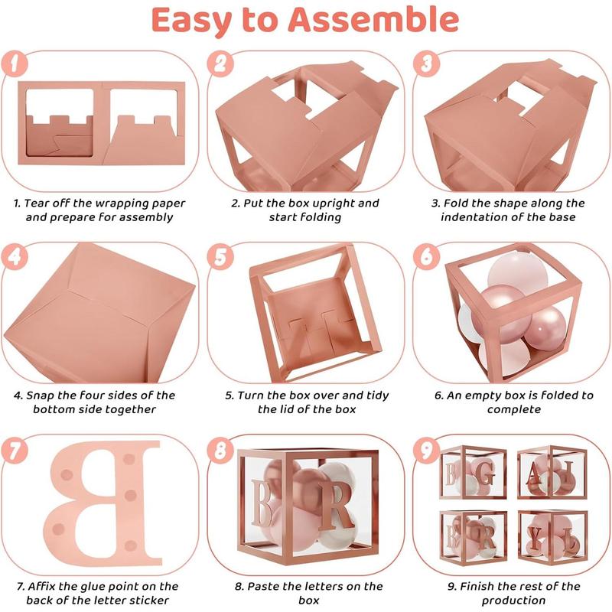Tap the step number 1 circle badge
15,64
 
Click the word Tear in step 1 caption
39,203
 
